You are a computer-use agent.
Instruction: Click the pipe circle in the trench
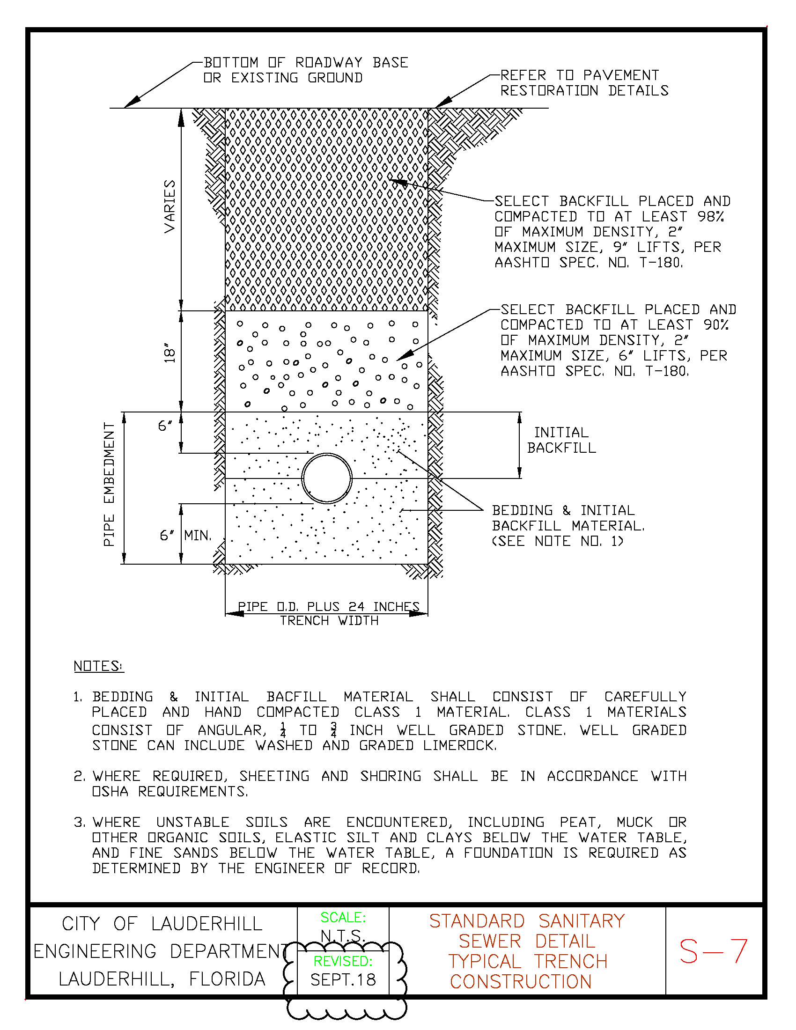click(x=327, y=478)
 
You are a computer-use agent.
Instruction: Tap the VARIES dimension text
click(x=170, y=206)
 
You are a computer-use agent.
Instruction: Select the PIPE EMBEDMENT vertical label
click(x=109, y=485)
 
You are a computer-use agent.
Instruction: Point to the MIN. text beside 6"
click(x=198, y=535)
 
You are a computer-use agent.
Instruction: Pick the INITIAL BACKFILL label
click(x=561, y=440)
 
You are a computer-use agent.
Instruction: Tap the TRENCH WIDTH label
click(x=329, y=621)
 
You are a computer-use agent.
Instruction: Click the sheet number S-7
click(x=713, y=951)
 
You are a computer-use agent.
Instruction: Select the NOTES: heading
click(x=98, y=666)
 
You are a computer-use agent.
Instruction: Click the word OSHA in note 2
click(x=110, y=791)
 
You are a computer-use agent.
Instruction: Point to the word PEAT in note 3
click(x=580, y=822)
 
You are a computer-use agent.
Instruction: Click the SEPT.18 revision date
click(x=343, y=980)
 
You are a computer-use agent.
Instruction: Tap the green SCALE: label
click(x=343, y=917)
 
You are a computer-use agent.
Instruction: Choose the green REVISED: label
click(x=343, y=961)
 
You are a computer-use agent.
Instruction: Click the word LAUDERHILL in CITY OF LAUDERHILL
click(x=206, y=924)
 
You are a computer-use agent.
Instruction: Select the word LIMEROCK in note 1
click(x=459, y=746)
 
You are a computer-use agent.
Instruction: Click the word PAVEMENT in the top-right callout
click(x=621, y=75)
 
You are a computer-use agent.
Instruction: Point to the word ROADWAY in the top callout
click(x=329, y=63)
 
